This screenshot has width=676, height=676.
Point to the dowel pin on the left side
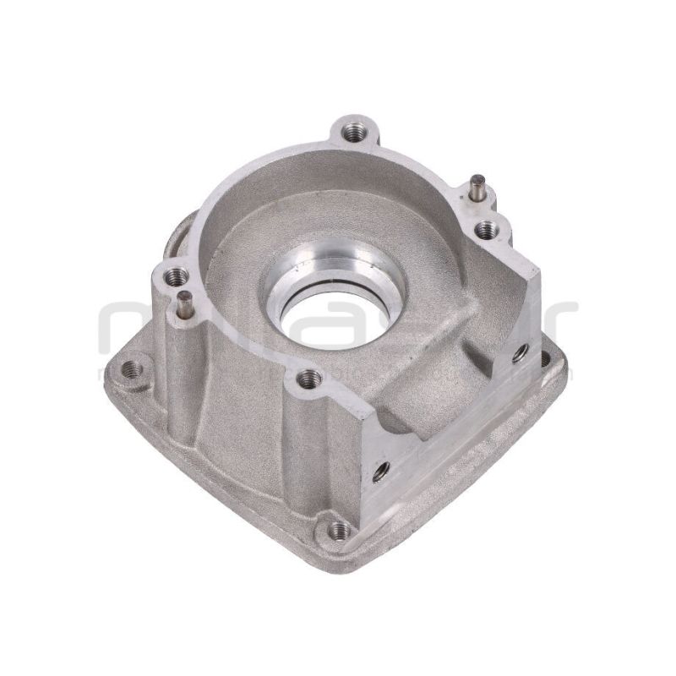coord(183,303)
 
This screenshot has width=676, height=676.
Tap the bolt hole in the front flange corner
coord(339,530)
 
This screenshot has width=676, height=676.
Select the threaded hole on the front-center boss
coord(308,377)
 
